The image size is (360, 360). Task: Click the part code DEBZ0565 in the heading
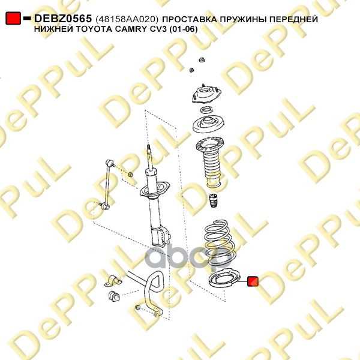point(63,19)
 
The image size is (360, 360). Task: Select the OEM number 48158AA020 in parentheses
point(127,19)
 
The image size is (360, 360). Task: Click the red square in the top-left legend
point(13,19)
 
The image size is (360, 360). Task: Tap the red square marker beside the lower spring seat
point(253,281)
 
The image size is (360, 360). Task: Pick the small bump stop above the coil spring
point(213,200)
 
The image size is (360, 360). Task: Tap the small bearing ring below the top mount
point(208,110)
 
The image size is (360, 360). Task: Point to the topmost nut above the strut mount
point(202,60)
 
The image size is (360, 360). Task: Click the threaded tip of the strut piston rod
point(149,148)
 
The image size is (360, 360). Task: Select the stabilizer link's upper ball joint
point(110,163)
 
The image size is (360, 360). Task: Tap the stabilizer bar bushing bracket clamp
point(113,280)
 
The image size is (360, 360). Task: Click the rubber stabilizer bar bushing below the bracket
point(114,296)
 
